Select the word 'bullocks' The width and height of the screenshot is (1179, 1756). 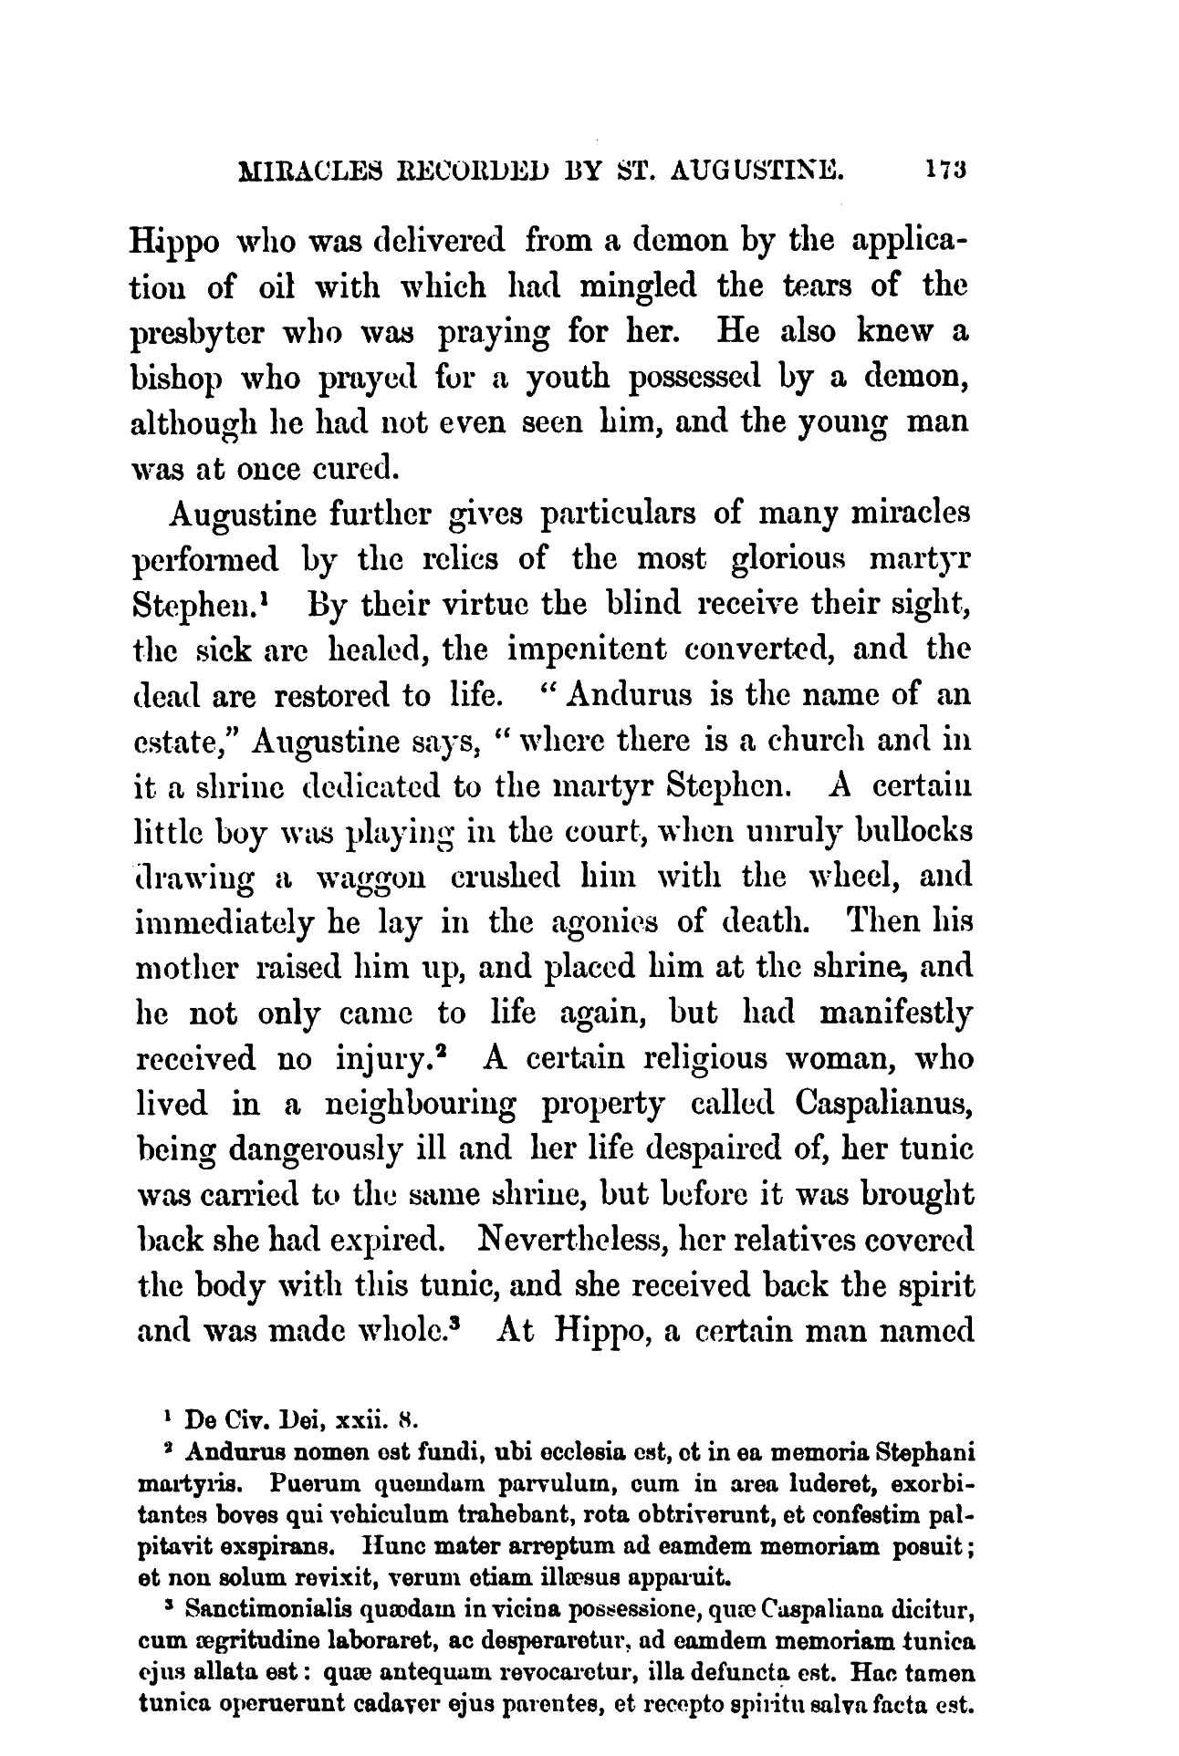(893, 832)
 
